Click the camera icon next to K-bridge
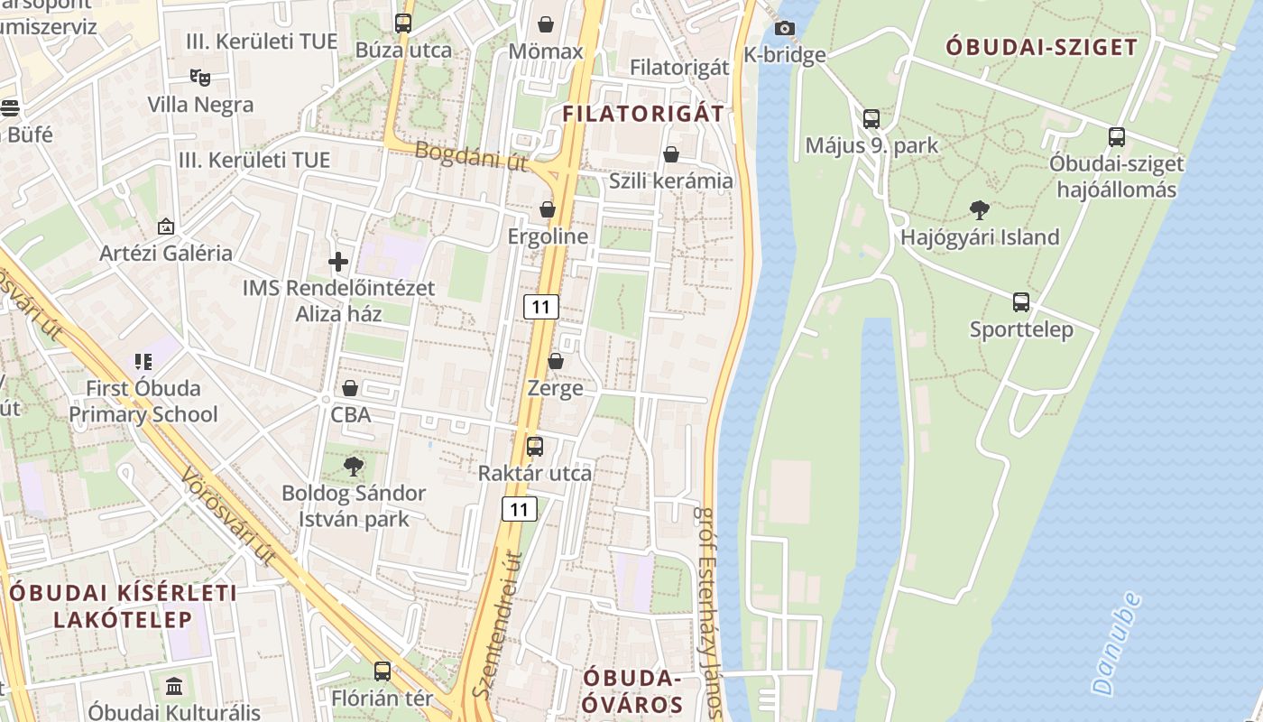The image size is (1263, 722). [x=785, y=28]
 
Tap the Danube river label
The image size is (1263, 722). [x=1116, y=643]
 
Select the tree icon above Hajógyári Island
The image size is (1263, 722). [x=979, y=210]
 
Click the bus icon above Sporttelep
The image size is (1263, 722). [x=1021, y=302]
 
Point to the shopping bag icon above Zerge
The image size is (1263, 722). [x=556, y=361]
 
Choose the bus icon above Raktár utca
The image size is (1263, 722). [x=535, y=446]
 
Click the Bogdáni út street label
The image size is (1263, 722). [x=472, y=156]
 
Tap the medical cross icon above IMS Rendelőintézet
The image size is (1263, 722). [x=338, y=262]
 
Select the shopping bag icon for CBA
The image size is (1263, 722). [x=350, y=389]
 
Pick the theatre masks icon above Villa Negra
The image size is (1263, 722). [x=199, y=78]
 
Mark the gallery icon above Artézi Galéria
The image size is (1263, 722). [x=165, y=226]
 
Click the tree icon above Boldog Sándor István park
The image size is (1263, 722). [x=354, y=466]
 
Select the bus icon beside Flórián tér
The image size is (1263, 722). [x=383, y=671]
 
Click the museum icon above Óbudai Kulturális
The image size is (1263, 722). [x=174, y=685]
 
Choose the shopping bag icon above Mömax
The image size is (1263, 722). [x=546, y=23]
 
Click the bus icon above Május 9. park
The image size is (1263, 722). [x=871, y=118]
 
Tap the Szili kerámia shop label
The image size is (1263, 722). [x=670, y=180]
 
